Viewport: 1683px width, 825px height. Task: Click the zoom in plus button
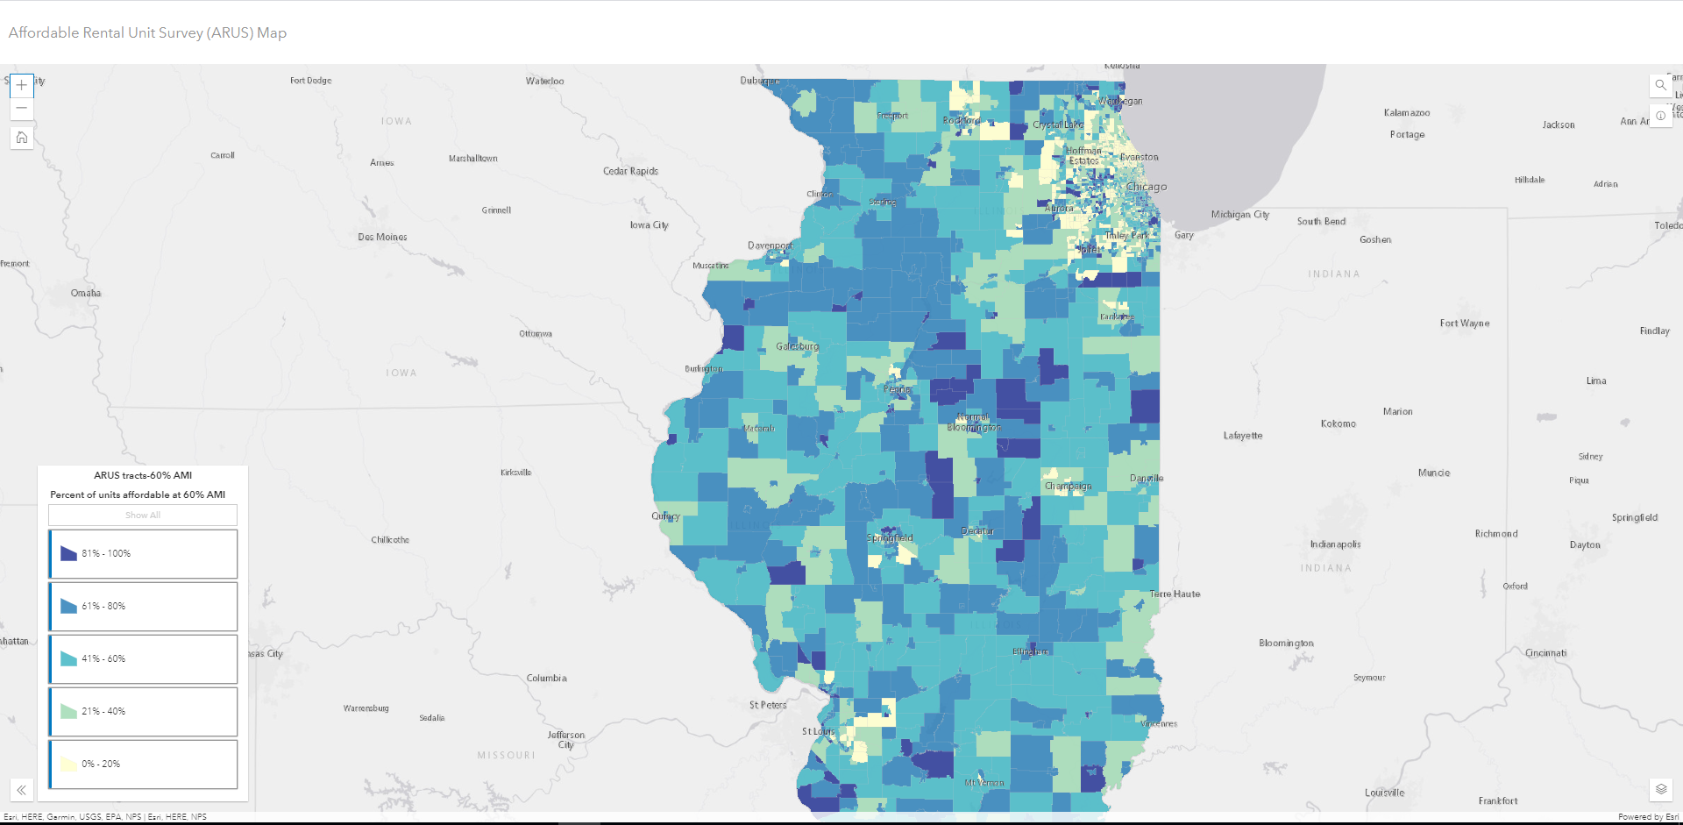pyautogui.click(x=22, y=86)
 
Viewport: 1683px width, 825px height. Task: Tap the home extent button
pyautogui.click(x=22, y=138)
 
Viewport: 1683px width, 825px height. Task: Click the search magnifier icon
pyautogui.click(x=1660, y=85)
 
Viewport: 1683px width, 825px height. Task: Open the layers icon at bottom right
pyautogui.click(x=1661, y=789)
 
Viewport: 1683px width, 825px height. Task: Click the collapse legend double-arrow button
pyautogui.click(x=22, y=790)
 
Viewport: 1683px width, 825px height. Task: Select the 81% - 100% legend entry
pyautogui.click(x=143, y=553)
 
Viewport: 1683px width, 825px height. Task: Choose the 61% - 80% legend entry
pyautogui.click(x=143, y=606)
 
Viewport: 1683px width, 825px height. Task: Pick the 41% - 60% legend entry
pyautogui.click(x=143, y=658)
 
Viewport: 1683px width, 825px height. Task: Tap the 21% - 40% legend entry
pyautogui.click(x=143, y=711)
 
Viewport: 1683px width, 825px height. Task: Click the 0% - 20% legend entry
pyautogui.click(x=143, y=764)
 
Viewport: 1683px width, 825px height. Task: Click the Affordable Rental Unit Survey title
pyautogui.click(x=147, y=32)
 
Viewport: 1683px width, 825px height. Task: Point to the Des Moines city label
pyautogui.click(x=382, y=237)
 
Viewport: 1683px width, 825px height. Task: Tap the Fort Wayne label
pyautogui.click(x=1464, y=324)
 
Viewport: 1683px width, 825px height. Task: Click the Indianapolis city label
pyautogui.click(x=1335, y=544)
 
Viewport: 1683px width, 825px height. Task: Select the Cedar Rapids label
pyautogui.click(x=630, y=171)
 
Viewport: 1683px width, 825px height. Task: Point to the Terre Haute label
pyautogui.click(x=1175, y=594)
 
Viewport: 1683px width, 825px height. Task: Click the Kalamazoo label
pyautogui.click(x=1406, y=112)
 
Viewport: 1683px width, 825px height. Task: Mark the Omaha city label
pyautogui.click(x=86, y=293)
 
